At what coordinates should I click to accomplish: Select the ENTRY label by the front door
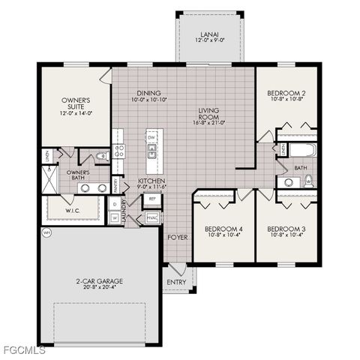(178, 282)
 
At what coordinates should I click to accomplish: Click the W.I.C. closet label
(72, 210)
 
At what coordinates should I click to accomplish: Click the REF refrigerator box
(152, 199)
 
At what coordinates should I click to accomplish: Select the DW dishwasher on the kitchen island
(151, 138)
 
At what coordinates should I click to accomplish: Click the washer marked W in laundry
(115, 217)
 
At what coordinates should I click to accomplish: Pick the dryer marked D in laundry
(115, 203)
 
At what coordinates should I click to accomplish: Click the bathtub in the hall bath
(304, 150)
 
